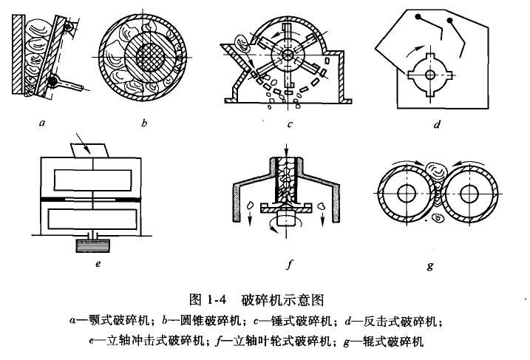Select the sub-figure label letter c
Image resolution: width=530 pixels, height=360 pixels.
point(291,124)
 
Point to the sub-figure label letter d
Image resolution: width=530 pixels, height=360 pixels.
point(438,124)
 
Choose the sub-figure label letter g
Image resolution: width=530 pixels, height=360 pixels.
point(429,264)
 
